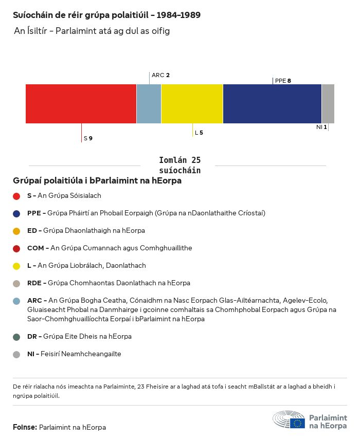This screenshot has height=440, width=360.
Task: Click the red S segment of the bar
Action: (81, 104)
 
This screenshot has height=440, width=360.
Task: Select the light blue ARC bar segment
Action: (149, 104)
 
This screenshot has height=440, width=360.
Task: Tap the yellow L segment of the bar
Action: (192, 104)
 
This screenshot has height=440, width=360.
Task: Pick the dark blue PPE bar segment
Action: (272, 104)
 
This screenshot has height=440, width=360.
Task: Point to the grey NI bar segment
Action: (328, 104)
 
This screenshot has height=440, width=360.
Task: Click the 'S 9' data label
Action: (88, 138)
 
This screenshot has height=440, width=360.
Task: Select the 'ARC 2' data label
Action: (160, 75)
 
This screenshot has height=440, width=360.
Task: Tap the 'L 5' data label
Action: (199, 133)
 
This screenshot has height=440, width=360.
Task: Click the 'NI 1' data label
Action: (321, 127)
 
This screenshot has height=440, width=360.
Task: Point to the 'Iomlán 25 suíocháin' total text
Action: (179, 166)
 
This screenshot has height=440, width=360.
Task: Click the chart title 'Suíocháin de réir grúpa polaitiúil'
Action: (106, 15)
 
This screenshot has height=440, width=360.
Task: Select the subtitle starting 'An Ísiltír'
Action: (92, 31)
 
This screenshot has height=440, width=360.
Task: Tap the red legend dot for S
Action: (16, 196)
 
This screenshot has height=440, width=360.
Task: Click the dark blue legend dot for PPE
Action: (16, 213)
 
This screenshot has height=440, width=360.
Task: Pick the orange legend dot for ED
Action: (16, 231)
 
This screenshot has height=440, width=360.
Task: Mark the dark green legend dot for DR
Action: (16, 337)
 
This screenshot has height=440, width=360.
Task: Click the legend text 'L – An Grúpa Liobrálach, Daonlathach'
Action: (86, 266)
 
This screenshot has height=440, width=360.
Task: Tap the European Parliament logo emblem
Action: (289, 420)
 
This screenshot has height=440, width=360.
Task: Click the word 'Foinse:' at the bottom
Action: (25, 427)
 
